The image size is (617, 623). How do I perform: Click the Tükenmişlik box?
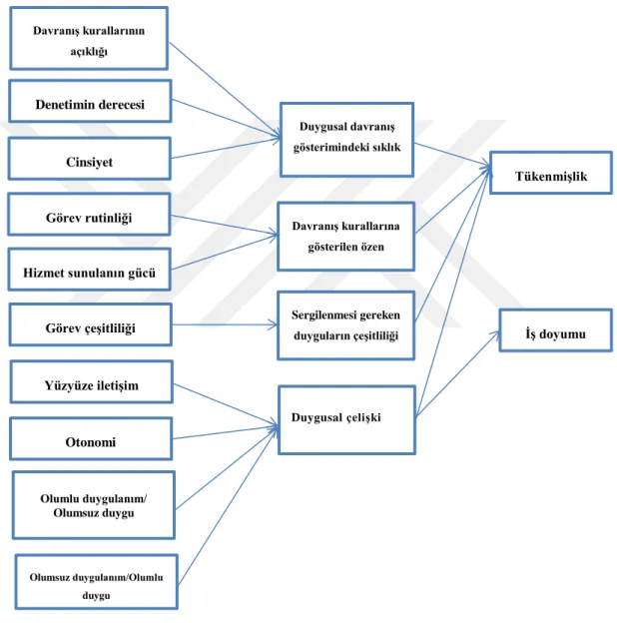pos(551,173)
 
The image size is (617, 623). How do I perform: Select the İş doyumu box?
pos(555,330)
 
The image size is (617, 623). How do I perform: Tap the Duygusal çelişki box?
pos(346,419)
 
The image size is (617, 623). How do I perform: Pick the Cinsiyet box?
pos(90,159)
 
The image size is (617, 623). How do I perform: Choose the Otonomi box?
pos(91,438)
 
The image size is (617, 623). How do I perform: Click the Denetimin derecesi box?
pos(90,101)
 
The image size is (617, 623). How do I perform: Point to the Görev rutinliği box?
pos(89,214)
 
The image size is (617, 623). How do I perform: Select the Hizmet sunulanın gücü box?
pos(90,270)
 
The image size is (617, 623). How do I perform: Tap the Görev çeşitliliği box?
pos(91,324)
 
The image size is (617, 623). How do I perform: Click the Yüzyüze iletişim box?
pos(92,381)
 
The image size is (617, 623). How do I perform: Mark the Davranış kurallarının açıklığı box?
pos(89,38)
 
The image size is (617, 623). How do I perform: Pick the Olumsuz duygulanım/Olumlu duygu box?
pos(97,582)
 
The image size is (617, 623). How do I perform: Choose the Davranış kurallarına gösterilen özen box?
pos(346,237)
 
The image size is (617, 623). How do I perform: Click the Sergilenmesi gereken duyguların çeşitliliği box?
pos(346,325)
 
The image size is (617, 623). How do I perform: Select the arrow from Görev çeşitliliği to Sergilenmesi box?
pos(225,324)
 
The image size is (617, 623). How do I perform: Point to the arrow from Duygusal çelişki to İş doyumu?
pos(457,373)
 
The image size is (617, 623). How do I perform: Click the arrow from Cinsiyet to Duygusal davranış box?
pos(226,148)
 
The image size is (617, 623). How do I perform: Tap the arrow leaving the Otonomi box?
pos(226,432)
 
